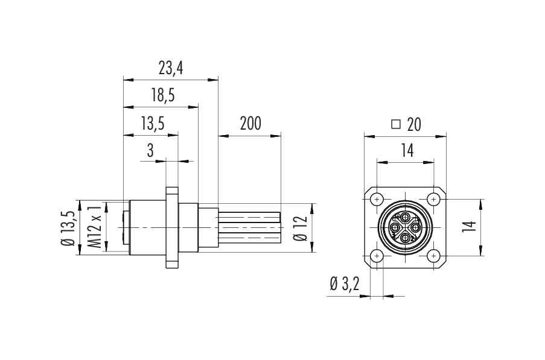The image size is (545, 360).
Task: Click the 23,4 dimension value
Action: click(171, 68)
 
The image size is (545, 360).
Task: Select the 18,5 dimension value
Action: click(163, 95)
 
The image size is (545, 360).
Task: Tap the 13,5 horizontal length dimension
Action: click(153, 123)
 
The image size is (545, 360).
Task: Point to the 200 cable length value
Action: click(250, 123)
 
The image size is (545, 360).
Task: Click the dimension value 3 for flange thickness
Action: click(150, 151)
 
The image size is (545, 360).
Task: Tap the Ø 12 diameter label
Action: click(301, 228)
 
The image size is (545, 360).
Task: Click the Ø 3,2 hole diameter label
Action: click(345, 284)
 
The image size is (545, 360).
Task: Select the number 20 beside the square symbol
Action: click(414, 124)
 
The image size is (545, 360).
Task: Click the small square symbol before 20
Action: click(396, 124)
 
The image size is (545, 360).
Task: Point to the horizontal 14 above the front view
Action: click(407, 151)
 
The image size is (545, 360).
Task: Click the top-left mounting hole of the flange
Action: click(377, 200)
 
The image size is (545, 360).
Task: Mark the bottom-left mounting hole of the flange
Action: click(377, 256)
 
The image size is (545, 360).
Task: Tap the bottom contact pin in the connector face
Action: click(405, 238)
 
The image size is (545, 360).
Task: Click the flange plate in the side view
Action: click(171, 228)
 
